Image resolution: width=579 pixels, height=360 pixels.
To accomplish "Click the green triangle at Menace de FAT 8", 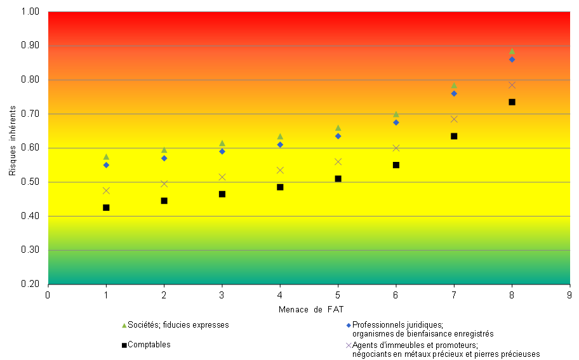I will pyautogui.click(x=512, y=51).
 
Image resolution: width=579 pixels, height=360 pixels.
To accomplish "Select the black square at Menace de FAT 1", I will pyautogui.click(x=106, y=208).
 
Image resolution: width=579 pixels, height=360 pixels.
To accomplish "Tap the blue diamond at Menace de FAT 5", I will pyautogui.click(x=338, y=136).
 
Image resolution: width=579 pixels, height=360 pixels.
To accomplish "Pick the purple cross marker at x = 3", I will pyautogui.click(x=222, y=177).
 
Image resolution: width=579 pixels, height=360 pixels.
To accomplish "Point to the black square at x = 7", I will pyautogui.click(x=454, y=136).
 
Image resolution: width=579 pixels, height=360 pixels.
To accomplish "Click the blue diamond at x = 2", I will pyautogui.click(x=164, y=158).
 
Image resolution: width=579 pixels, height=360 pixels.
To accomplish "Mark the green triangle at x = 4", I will pyautogui.click(x=280, y=137).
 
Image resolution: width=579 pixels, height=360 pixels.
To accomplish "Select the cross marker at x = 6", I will pyautogui.click(x=396, y=148).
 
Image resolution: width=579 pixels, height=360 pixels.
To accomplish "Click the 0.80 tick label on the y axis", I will pyautogui.click(x=30, y=80).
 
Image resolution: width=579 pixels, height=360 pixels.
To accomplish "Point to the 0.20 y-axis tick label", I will pyautogui.click(x=30, y=284).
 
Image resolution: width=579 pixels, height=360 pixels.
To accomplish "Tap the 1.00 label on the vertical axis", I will pyautogui.click(x=30, y=12).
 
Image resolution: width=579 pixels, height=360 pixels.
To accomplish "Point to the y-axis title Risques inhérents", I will pyautogui.click(x=12, y=148).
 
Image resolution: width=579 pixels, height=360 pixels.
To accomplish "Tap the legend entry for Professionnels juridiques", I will pyautogui.click(x=422, y=329).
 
